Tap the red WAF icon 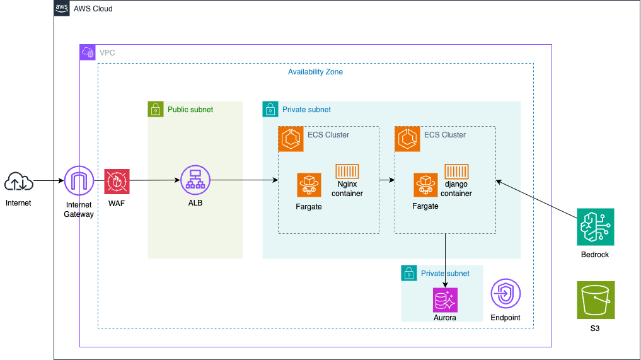tap(117, 182)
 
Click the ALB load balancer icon tap(195, 181)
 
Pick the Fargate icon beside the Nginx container tap(309, 185)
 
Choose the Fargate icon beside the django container tap(426, 185)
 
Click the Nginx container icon tap(347, 171)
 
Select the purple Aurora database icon tap(446, 301)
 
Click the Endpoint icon tap(505, 294)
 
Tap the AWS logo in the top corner tap(62, 8)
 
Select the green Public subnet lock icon tap(156, 109)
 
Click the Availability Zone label tap(315, 72)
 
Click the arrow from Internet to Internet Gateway tap(48, 182)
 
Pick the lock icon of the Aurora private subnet tap(409, 273)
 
